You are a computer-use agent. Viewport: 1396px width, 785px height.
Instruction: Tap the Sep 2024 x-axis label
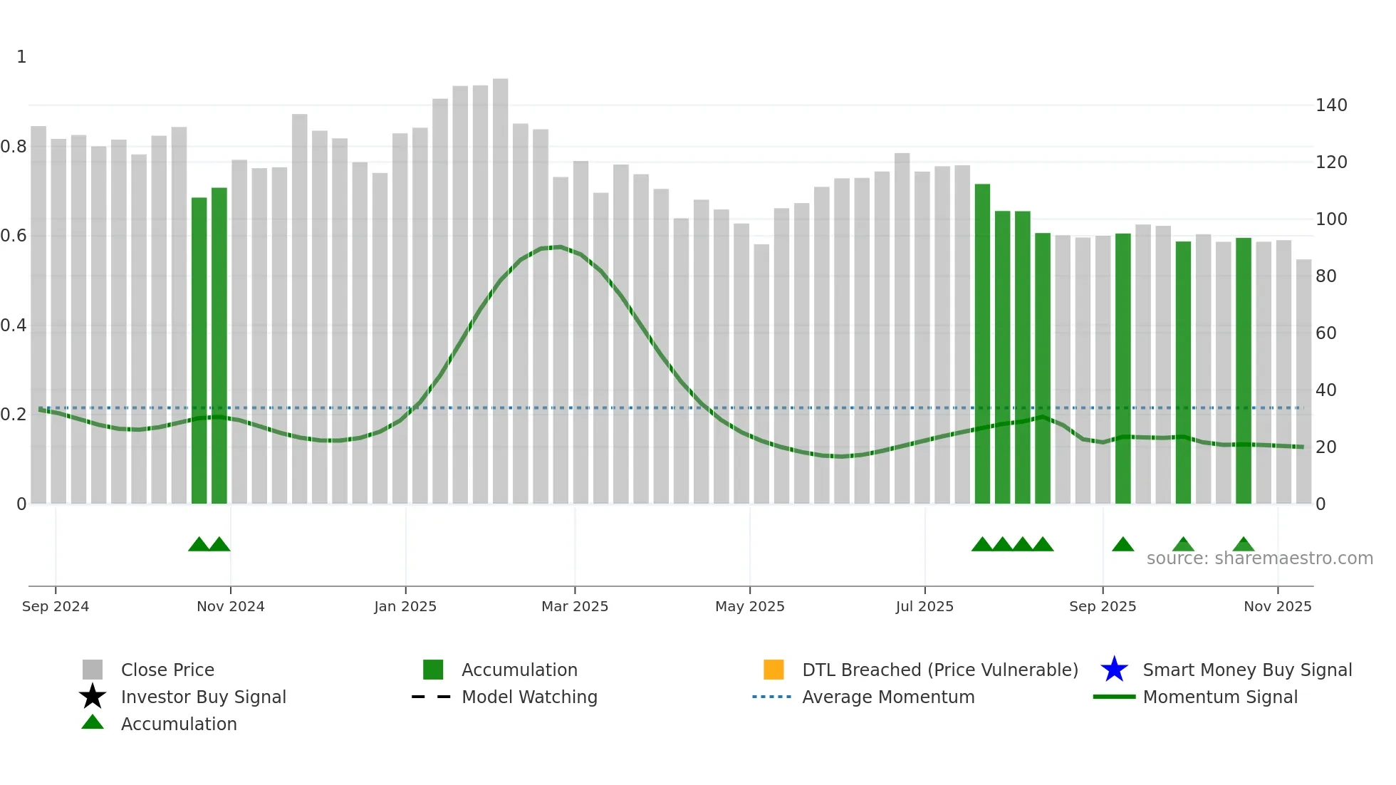coord(56,606)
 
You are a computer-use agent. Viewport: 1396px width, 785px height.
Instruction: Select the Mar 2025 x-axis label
coord(575,606)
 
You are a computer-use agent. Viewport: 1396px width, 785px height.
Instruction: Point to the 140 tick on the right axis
coord(1331,105)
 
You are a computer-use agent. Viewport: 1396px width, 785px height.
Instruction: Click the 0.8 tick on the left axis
coord(14,147)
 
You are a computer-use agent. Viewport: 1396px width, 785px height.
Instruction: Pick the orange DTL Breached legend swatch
coord(773,670)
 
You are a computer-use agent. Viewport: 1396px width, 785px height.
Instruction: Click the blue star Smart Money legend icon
coord(1114,670)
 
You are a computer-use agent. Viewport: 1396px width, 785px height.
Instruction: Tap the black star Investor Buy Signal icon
coord(93,697)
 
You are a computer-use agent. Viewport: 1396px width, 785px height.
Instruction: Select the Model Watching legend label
coord(529,697)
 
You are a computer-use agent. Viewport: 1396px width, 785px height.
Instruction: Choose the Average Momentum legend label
coord(888,697)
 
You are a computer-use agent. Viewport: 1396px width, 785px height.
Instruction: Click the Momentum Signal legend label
coord(1220,697)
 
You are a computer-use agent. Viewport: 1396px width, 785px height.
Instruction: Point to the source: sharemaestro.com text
coord(1259,558)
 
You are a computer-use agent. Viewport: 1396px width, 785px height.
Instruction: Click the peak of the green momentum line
coord(561,247)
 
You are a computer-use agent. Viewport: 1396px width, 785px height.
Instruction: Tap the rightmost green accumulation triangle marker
coord(1243,545)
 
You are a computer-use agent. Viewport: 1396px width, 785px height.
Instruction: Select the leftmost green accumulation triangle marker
coord(199,545)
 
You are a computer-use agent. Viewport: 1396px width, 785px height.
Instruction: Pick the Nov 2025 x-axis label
coord(1277,606)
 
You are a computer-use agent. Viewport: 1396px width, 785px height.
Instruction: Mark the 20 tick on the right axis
coord(1325,447)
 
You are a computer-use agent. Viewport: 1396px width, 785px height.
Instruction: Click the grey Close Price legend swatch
coord(93,670)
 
